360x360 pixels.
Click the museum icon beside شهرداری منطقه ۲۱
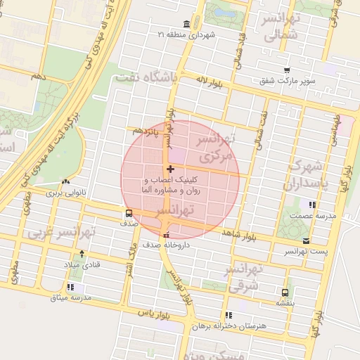click(x=186, y=23)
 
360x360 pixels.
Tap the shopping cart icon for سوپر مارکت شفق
click(x=287, y=70)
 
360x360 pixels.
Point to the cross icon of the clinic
click(x=170, y=169)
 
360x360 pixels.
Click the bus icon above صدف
click(x=129, y=212)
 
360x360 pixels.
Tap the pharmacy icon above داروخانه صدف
click(x=166, y=236)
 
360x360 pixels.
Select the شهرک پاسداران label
click(x=303, y=176)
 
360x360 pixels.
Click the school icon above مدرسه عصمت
click(x=311, y=205)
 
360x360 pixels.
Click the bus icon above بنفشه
click(x=285, y=292)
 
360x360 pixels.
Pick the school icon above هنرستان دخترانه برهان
click(x=229, y=315)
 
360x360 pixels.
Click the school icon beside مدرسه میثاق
click(x=70, y=287)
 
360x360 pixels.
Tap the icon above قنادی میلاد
click(x=82, y=254)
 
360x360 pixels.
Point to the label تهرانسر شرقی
click(x=245, y=278)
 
